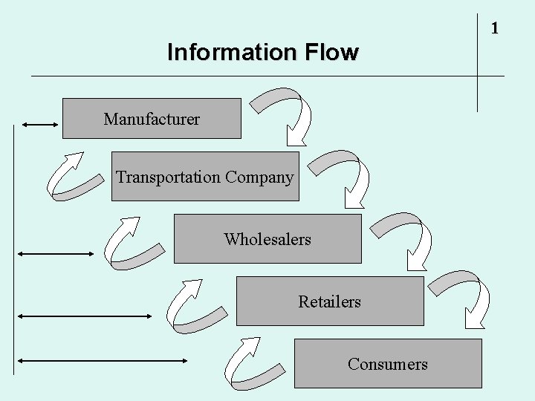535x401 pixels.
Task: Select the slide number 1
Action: pos(494,29)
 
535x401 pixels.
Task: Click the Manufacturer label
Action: pos(152,119)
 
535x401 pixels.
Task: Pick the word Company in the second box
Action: pos(259,177)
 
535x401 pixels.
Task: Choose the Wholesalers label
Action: pos(267,239)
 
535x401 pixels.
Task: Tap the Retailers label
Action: pos(329,301)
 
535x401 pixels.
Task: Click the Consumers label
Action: pos(387,364)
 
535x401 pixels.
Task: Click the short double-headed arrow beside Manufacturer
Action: pos(40,125)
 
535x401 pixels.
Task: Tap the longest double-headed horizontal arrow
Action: pos(103,361)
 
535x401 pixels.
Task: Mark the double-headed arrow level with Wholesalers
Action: pos(56,254)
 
